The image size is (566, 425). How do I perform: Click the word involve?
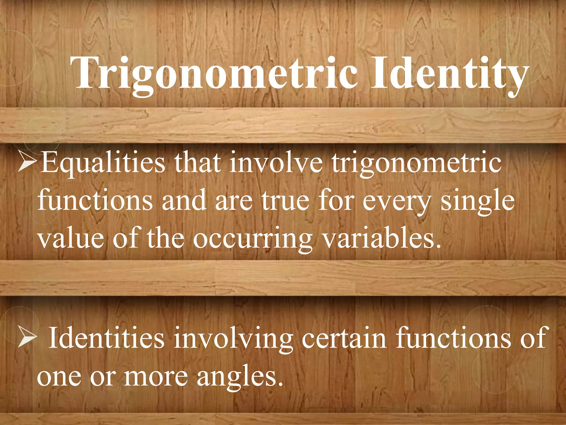276,163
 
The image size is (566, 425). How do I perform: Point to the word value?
71,238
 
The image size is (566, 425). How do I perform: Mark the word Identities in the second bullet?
106,338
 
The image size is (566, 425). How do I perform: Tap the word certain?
344,338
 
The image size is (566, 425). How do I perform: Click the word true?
285,201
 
